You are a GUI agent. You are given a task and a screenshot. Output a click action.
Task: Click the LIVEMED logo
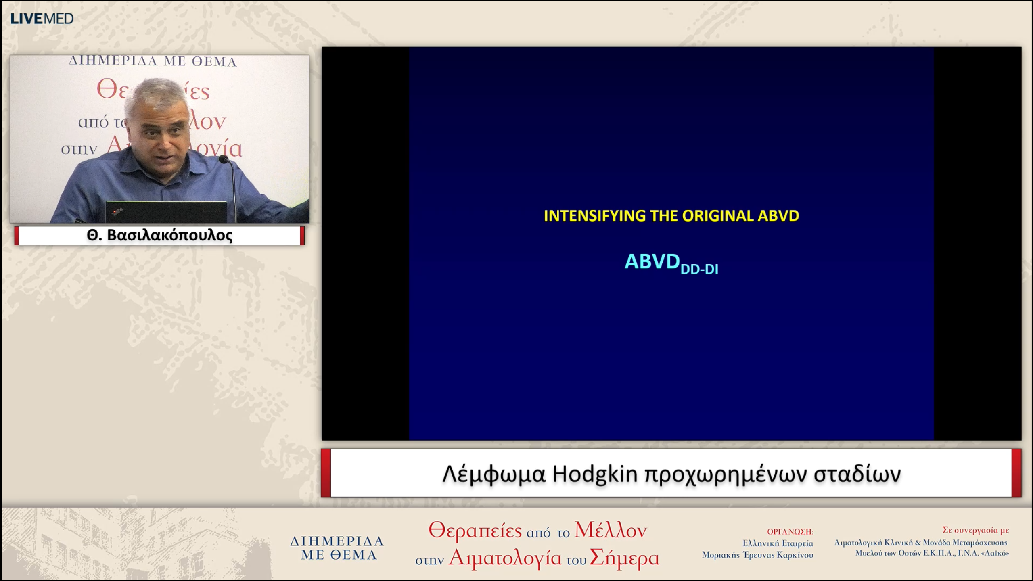pyautogui.click(x=42, y=19)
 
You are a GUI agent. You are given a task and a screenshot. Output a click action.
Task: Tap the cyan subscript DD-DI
pyautogui.click(x=699, y=269)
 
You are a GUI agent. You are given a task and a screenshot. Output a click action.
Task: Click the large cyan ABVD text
pyautogui.click(x=652, y=261)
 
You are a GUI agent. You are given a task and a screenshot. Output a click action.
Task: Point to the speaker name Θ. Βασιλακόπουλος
pyautogui.click(x=159, y=235)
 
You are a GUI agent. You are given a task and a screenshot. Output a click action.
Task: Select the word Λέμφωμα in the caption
pyautogui.click(x=494, y=474)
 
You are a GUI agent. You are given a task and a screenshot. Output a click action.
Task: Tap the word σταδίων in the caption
pyautogui.click(x=857, y=474)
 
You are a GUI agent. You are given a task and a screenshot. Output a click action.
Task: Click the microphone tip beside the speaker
pyautogui.click(x=223, y=159)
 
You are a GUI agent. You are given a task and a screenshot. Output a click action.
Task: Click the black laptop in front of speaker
pyautogui.click(x=165, y=212)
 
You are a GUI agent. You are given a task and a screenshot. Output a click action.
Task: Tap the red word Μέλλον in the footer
pyautogui.click(x=610, y=530)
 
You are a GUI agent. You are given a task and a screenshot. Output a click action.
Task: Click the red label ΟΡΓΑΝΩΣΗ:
pyautogui.click(x=790, y=532)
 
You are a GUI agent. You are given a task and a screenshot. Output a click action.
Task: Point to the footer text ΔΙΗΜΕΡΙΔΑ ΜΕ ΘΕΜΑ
pyautogui.click(x=337, y=548)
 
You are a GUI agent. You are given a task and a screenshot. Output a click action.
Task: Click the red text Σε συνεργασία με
pyautogui.click(x=975, y=530)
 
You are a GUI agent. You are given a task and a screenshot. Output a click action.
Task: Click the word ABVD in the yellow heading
pyautogui.click(x=778, y=216)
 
